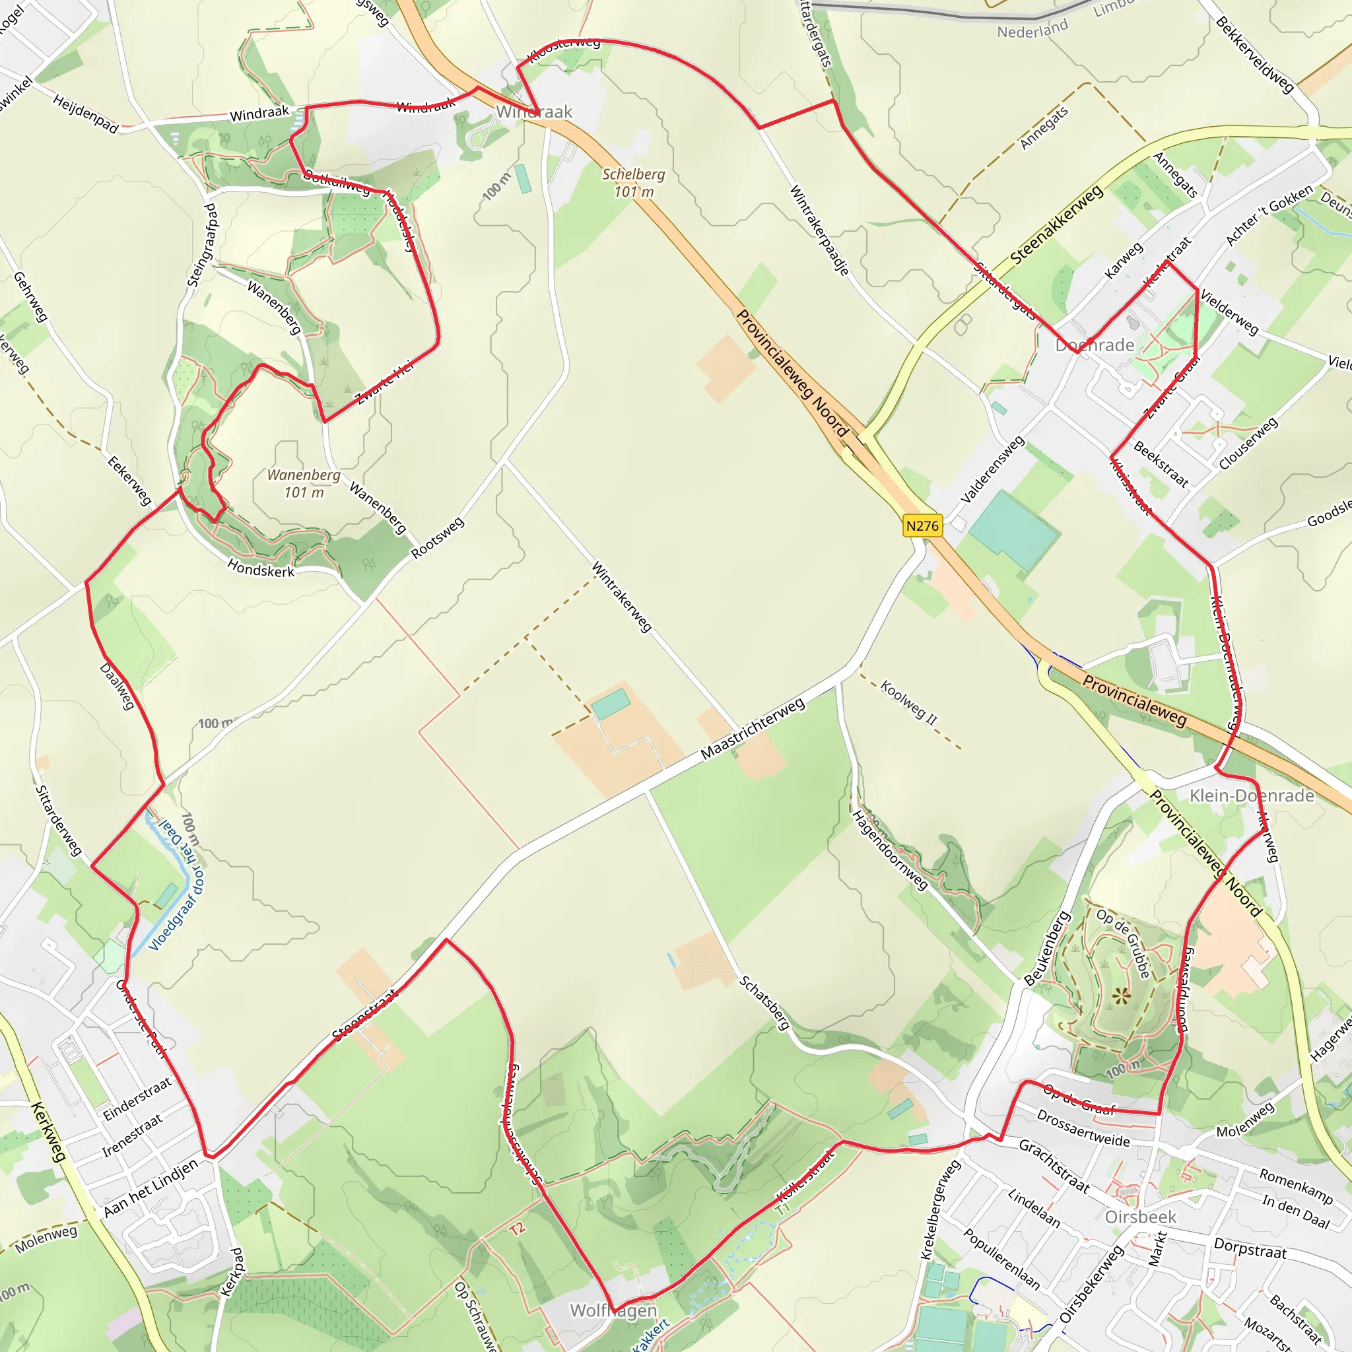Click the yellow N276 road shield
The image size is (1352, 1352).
click(922, 525)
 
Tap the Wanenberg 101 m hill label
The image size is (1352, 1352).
click(304, 483)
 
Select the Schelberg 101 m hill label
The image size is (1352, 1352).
click(633, 183)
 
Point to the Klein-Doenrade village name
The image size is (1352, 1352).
click(1252, 795)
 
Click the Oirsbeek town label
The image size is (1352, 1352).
click(1141, 1217)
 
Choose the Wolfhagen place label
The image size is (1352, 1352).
click(613, 1310)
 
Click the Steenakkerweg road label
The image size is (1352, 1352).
click(1056, 224)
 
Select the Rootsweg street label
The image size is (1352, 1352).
click(438, 537)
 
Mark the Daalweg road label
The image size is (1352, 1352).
click(117, 686)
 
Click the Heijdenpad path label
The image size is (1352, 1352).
click(86, 114)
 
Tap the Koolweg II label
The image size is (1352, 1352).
click(908, 702)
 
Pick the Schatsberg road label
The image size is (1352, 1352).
click(765, 1003)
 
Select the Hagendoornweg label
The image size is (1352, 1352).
click(889, 850)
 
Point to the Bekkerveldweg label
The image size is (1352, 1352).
click(1255, 55)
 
